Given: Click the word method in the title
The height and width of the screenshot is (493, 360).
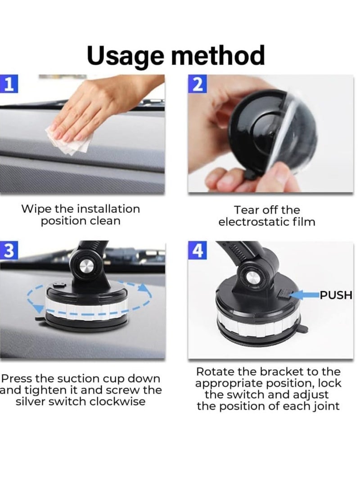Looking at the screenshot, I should pos(218,55).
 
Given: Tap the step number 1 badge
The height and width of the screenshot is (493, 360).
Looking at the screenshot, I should pos(8,84).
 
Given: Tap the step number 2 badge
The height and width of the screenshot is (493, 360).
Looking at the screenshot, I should pos(197,84).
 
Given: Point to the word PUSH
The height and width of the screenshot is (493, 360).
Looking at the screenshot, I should pos(336,296).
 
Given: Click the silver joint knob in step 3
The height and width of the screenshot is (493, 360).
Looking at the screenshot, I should pos(84,268).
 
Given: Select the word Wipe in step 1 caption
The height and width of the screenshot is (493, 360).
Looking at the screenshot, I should pos(36,209).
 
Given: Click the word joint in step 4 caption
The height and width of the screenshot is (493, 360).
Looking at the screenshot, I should pos(324,406).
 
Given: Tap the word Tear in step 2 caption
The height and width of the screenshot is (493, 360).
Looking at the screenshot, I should pos(245,210).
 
